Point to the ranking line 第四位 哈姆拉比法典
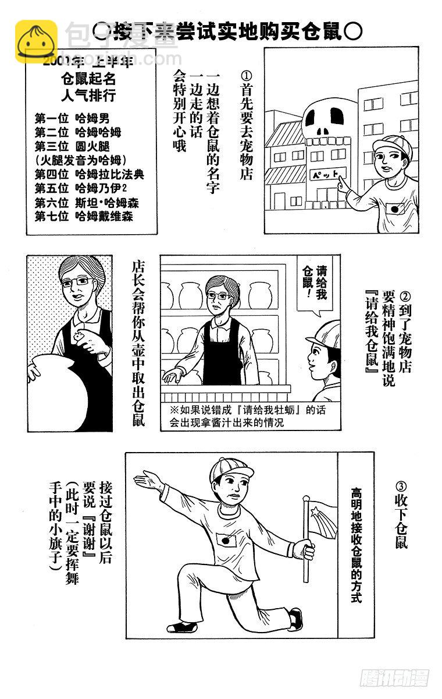pyautogui.click(x=90, y=174)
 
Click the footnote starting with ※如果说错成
pyautogui.click(x=244, y=416)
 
